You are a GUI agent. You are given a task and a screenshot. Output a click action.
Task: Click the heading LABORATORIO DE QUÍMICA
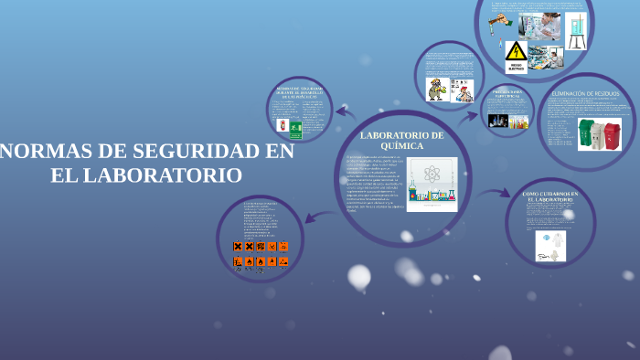point(401,140)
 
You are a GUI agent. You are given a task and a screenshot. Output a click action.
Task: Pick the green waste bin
point(587,134)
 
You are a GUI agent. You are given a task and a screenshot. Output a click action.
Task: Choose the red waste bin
point(612,136)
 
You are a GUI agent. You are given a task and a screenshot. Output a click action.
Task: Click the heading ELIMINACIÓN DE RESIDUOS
point(586,93)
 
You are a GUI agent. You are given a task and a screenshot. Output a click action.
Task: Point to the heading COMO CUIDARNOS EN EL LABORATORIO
point(550,197)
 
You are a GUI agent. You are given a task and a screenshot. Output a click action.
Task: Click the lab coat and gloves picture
point(550,245)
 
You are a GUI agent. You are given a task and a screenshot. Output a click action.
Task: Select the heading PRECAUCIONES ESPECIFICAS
point(507,93)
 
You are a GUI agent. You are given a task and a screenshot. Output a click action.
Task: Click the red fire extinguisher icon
point(283,125)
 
